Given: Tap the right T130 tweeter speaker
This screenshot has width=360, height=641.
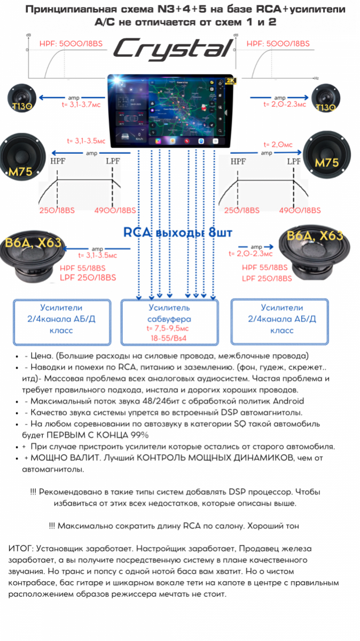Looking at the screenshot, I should tap(326, 100).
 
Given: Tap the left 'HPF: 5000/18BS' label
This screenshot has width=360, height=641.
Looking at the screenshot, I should tap(66, 44).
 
